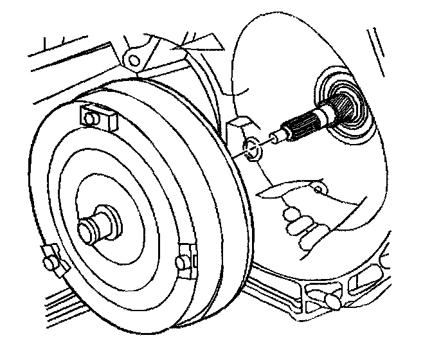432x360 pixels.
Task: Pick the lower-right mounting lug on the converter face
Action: [186, 260]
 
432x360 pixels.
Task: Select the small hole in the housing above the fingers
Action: [318, 190]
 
